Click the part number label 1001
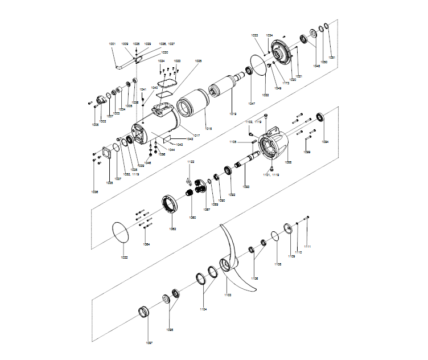[x=112, y=44]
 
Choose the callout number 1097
[x=149, y=343]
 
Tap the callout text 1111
[x=307, y=247]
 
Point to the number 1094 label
[x=325, y=142]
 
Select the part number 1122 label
[x=191, y=162]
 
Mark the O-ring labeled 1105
[x=274, y=235]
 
